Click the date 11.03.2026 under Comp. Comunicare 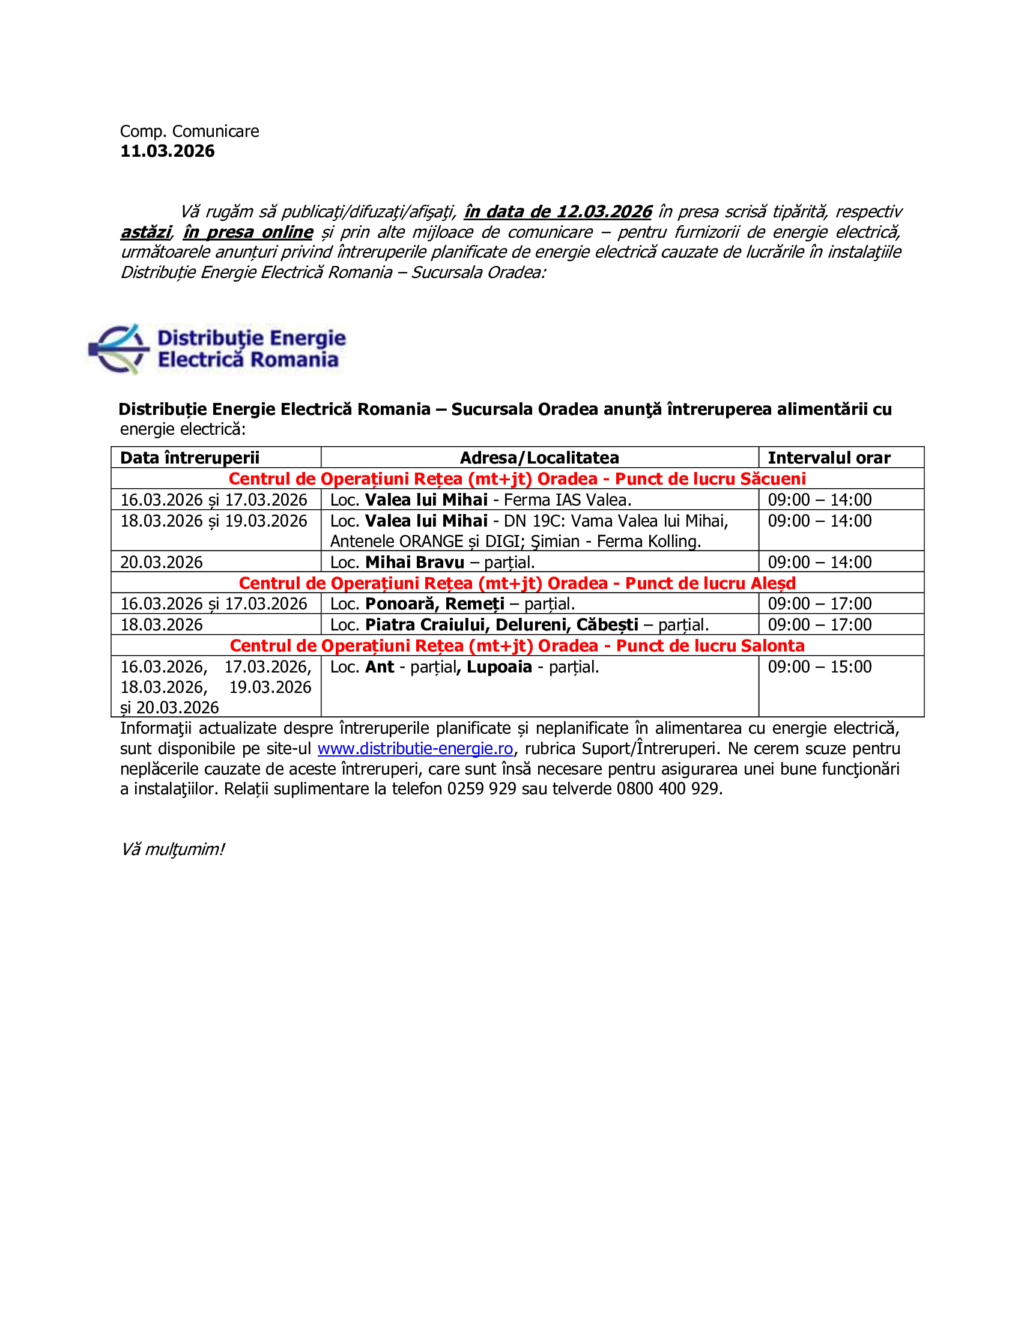tap(167, 151)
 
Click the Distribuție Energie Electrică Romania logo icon tap(118, 349)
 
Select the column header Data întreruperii tap(189, 458)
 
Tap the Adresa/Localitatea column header tap(539, 458)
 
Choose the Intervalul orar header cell tap(829, 458)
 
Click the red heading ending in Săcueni tap(517, 479)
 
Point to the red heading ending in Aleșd tap(517, 583)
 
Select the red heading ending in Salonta tap(517, 646)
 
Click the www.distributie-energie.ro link tap(415, 749)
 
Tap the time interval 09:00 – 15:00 tap(820, 667)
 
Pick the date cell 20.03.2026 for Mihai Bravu tap(162, 563)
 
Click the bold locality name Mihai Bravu tap(414, 563)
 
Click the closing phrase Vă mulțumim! tap(172, 850)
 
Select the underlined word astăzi tap(146, 232)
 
